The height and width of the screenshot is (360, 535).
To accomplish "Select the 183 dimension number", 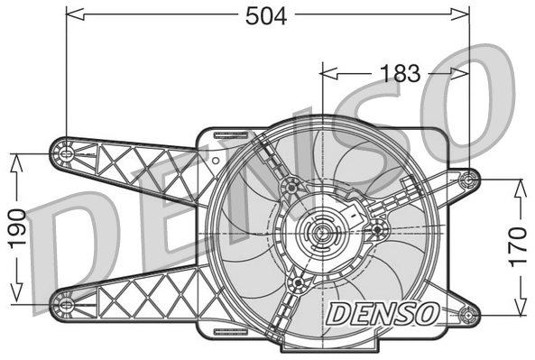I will (x=401, y=73).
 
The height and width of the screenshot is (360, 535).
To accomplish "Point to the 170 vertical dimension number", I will (x=518, y=245).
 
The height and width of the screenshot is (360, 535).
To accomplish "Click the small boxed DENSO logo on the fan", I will (x=382, y=313).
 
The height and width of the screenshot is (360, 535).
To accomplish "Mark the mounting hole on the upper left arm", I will (x=65, y=153).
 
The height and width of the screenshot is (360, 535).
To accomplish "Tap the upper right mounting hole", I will (x=467, y=180).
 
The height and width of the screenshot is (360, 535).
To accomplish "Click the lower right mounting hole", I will (x=467, y=315).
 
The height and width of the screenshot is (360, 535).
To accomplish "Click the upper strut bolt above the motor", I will (x=291, y=187).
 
